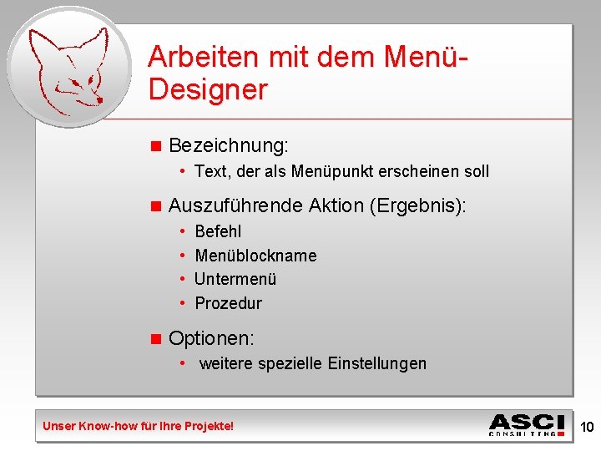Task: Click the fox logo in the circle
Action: tap(68, 68)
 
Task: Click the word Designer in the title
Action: tap(208, 89)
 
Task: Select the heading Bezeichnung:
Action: tap(228, 145)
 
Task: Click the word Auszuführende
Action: tap(235, 205)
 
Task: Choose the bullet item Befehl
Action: tap(217, 231)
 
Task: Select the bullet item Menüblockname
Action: tap(255, 256)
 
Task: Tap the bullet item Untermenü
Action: tap(235, 279)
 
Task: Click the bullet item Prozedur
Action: tap(228, 303)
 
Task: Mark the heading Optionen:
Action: tap(211, 338)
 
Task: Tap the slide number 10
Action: tap(587, 428)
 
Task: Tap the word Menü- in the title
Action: tap(427, 57)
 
